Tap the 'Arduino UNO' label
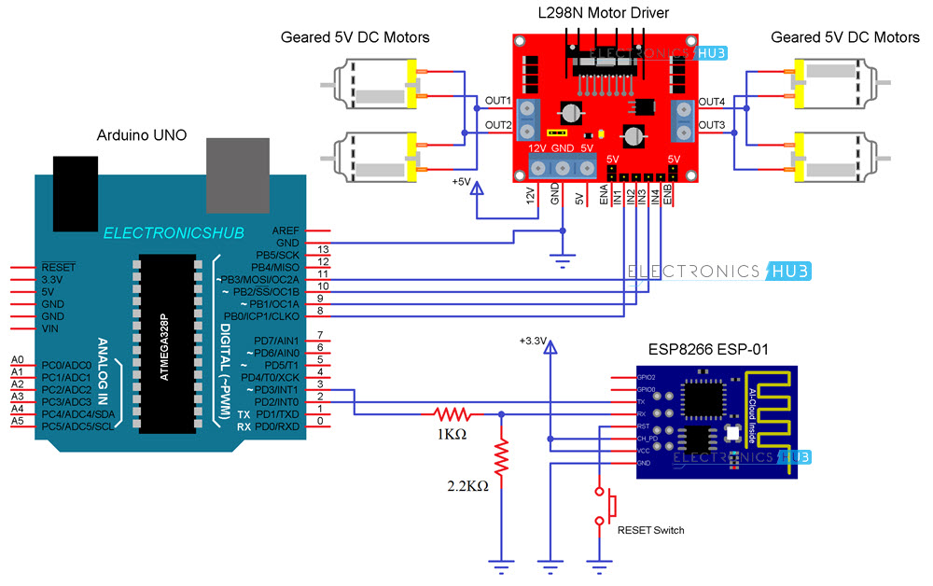click(142, 135)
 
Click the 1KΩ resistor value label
click(453, 436)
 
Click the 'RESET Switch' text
click(651, 530)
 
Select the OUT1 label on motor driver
click(497, 101)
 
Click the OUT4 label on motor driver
click(712, 101)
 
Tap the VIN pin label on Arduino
click(51, 329)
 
